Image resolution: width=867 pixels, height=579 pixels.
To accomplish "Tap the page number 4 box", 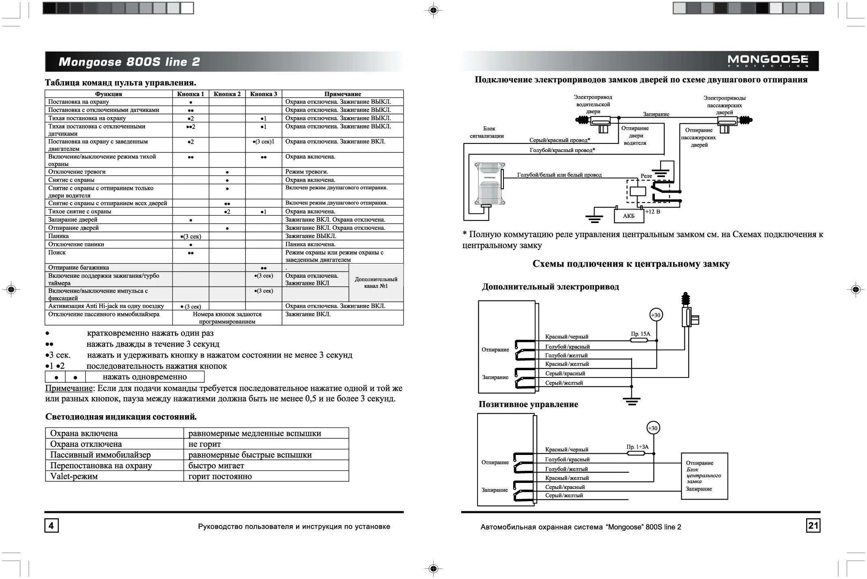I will point(51,526).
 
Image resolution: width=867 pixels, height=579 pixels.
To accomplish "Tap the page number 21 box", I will point(813,525).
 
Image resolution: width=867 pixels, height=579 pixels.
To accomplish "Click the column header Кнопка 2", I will point(227,94).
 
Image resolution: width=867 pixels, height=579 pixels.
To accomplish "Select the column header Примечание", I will point(342,94).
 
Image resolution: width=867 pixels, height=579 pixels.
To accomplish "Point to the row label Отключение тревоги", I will point(77,172).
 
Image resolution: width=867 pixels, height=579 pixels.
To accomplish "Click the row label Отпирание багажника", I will point(78,268).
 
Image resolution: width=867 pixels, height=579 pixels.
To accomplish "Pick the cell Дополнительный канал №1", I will point(376,283).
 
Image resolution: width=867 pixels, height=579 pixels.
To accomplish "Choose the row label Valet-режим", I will point(74,476).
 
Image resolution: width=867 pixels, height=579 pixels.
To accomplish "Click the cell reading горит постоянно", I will point(220,476).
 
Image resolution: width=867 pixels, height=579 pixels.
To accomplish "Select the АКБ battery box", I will point(628,216).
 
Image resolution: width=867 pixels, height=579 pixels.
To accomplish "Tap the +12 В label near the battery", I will point(652,212).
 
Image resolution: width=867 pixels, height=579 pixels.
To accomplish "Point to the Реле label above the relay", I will point(646,176).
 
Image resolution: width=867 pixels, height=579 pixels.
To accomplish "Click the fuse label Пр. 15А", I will point(640,334).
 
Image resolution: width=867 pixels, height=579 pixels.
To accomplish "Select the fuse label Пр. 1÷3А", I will point(637,447).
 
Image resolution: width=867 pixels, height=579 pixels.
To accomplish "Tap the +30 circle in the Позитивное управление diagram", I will point(653,428).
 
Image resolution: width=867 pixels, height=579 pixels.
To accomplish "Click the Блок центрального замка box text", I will point(703,476).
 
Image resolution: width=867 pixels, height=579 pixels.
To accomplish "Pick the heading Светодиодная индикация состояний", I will point(121,417).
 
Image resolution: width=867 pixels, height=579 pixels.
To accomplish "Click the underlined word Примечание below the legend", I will point(69,388).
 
